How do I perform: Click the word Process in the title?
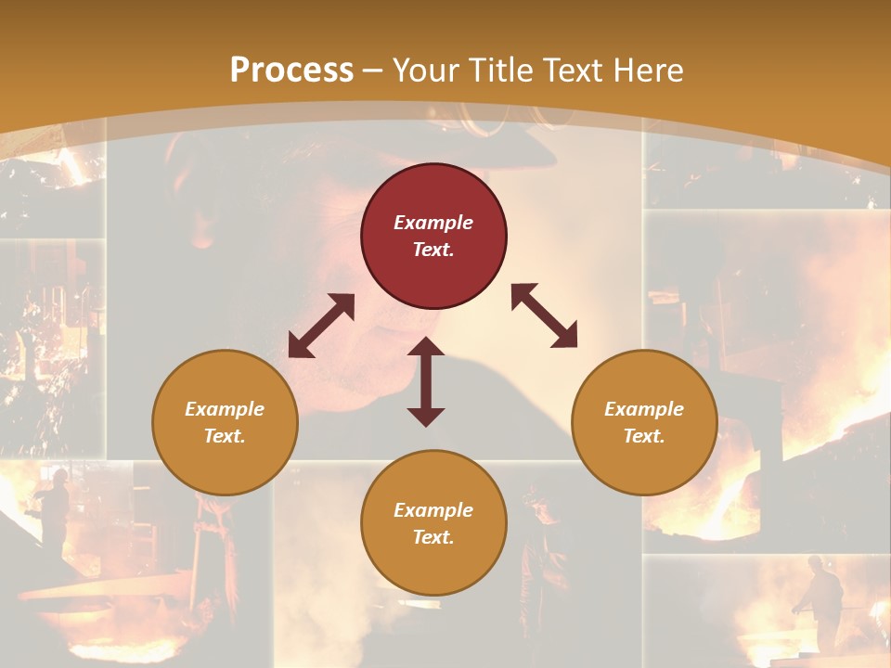pyautogui.click(x=291, y=71)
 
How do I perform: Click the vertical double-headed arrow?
pyautogui.click(x=426, y=382)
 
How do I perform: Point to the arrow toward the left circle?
pyautogui.click(x=321, y=326)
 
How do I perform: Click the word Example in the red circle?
pyautogui.click(x=433, y=223)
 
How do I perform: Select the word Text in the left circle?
pyautogui.click(x=225, y=436)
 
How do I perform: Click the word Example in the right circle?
pyautogui.click(x=644, y=409)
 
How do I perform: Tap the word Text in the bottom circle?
pyautogui.click(x=433, y=537)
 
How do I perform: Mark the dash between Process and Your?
pyautogui.click(x=373, y=71)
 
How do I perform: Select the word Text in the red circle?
pyautogui.click(x=433, y=250)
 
